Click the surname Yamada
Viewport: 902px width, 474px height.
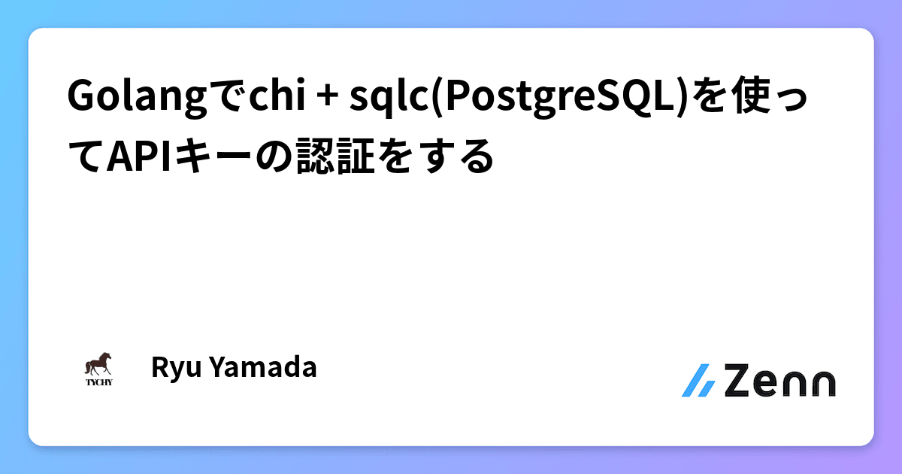[x=260, y=368]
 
